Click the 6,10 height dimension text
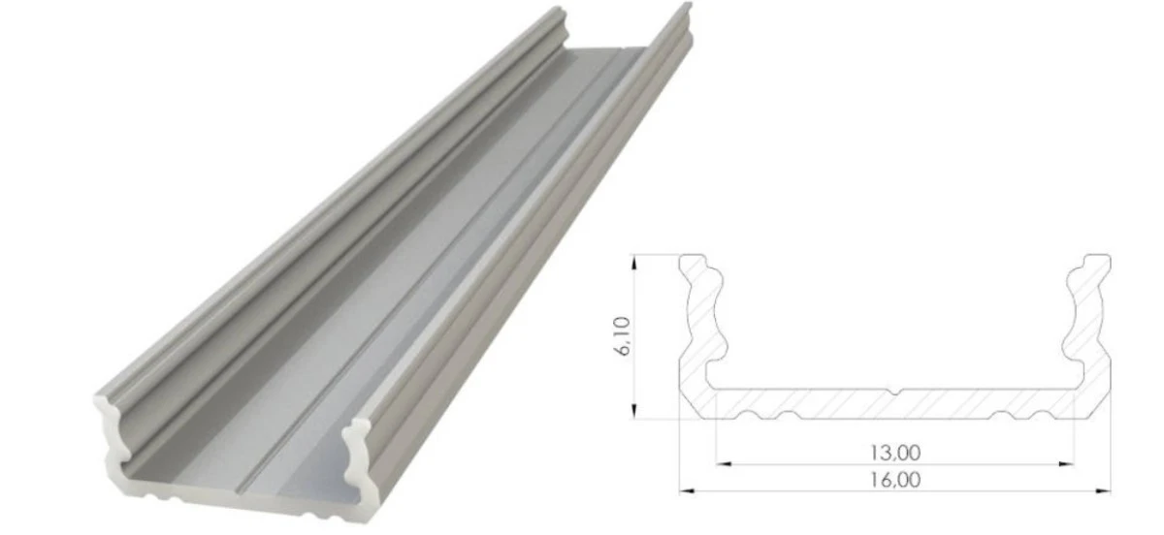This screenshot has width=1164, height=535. (623, 336)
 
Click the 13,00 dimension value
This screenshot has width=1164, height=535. (894, 453)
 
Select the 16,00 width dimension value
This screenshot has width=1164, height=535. (894, 480)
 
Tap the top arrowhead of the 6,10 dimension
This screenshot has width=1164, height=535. (633, 263)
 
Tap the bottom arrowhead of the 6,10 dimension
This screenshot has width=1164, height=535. (633, 411)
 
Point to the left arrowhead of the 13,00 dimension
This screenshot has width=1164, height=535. (724, 463)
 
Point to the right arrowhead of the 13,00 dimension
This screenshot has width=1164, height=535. (1066, 463)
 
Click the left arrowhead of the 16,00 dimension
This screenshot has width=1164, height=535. (687, 490)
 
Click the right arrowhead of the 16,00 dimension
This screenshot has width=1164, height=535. (1103, 490)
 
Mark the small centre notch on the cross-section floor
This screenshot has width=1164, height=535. (894, 391)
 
